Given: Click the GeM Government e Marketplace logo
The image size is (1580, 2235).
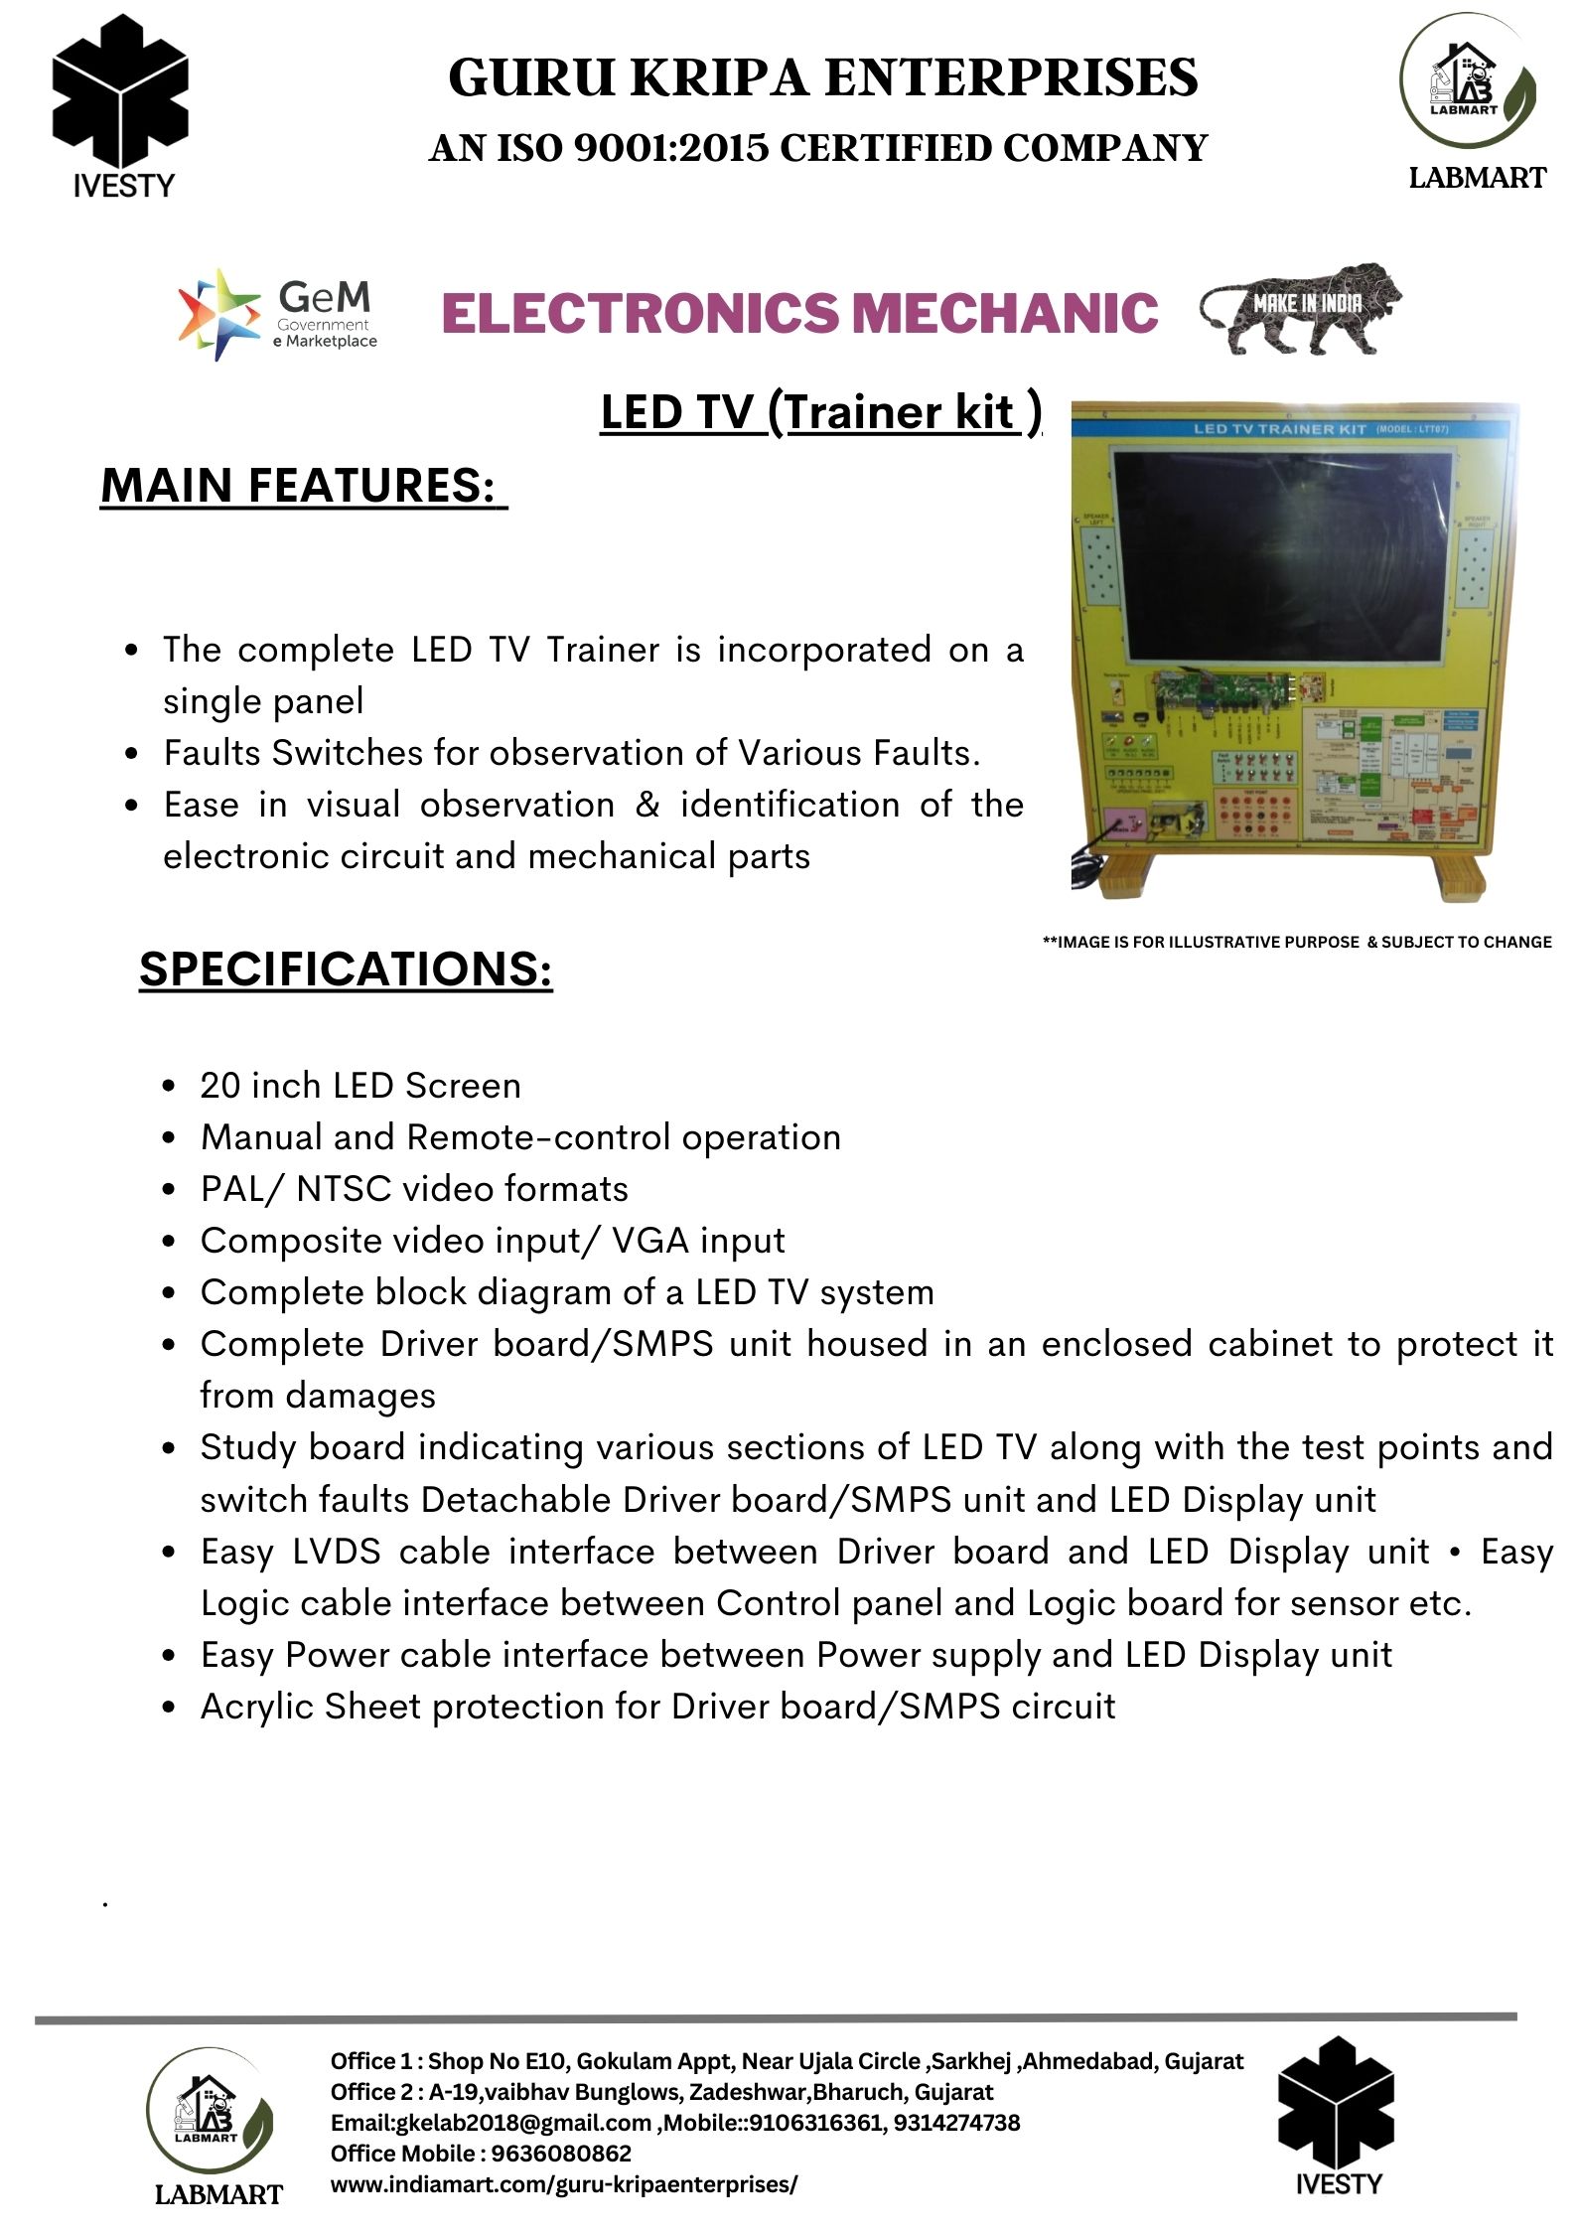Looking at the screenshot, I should [x=277, y=314].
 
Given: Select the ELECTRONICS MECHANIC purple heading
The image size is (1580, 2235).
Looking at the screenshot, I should [x=799, y=313].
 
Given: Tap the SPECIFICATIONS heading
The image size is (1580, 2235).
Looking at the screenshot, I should [x=346, y=968].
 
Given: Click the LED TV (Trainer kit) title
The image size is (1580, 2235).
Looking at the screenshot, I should [x=820, y=413].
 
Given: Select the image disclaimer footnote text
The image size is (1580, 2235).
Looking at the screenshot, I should [x=1296, y=942].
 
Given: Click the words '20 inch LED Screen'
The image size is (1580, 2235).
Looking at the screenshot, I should [x=360, y=1086].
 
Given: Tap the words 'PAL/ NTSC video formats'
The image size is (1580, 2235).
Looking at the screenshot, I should [x=414, y=1189].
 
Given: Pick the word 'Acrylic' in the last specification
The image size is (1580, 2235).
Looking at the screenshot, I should [x=256, y=1707].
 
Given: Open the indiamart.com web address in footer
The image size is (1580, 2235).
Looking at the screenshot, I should [x=563, y=2184].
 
